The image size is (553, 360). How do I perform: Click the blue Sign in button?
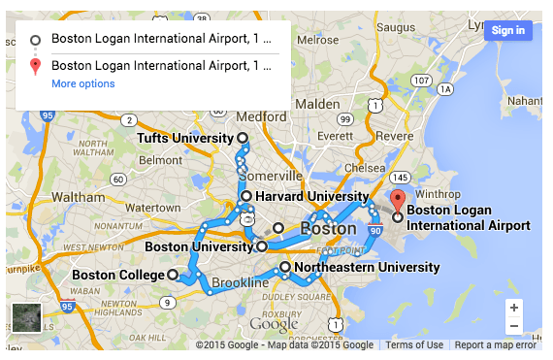pyautogui.click(x=507, y=30)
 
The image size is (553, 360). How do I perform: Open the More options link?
pyautogui.click(x=82, y=84)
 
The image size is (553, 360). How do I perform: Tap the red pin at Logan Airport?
pyautogui.click(x=396, y=202)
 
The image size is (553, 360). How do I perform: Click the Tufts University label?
pyautogui.click(x=184, y=139)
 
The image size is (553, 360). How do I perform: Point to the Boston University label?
pyautogui.click(x=199, y=246)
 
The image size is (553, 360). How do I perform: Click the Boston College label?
pyautogui.click(x=118, y=276)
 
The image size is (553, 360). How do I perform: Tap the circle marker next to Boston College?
pyautogui.click(x=173, y=276)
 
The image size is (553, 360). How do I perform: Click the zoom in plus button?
pyautogui.click(x=513, y=307)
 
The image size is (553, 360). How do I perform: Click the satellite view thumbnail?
pyautogui.click(x=26, y=318)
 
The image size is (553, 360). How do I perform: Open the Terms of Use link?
pyautogui.click(x=414, y=345)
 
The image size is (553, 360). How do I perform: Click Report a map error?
pyautogui.click(x=495, y=345)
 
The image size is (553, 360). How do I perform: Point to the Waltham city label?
pyautogui.click(x=78, y=196)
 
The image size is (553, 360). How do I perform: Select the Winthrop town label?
pyautogui.click(x=434, y=193)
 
